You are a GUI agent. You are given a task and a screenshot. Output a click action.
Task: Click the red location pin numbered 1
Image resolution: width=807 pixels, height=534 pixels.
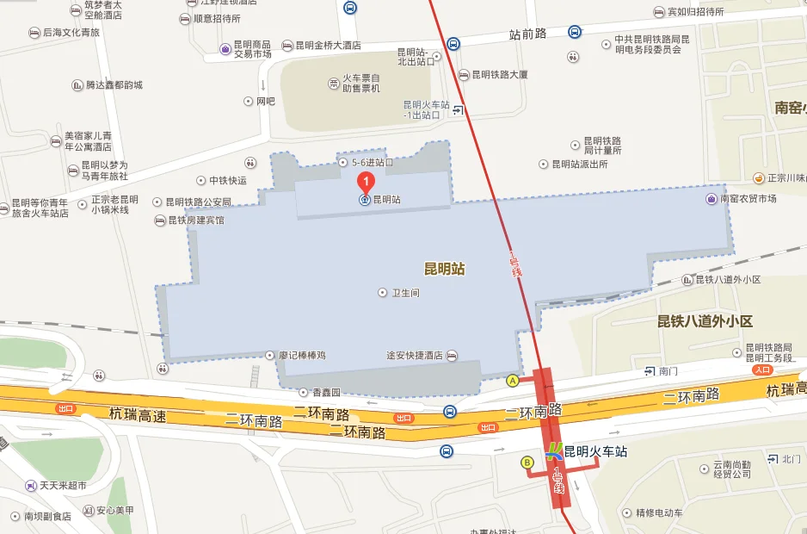366,182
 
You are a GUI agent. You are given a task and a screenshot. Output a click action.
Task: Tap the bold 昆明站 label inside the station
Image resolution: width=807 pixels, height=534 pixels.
444,269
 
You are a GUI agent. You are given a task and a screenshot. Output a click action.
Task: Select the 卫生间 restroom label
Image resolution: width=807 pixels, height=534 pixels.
404,293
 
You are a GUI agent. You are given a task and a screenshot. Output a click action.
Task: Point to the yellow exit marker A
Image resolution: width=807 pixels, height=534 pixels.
514,380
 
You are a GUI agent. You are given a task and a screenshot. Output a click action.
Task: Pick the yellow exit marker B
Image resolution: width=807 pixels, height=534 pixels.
527,463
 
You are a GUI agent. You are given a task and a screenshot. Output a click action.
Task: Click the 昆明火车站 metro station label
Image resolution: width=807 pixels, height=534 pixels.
594,451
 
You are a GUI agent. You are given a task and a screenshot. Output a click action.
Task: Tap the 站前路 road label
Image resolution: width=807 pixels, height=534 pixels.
527,35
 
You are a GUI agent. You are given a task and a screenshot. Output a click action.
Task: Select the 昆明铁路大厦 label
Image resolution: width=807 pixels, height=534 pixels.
499,75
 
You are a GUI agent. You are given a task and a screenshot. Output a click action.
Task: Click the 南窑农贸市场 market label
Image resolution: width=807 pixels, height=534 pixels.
748,199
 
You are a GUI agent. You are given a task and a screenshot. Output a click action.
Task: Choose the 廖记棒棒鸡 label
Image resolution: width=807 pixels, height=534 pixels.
302,355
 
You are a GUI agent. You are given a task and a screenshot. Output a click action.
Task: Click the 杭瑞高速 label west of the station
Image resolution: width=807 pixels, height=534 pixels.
137,415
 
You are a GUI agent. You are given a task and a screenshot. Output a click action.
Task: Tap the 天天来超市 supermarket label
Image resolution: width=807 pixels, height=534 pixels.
63,486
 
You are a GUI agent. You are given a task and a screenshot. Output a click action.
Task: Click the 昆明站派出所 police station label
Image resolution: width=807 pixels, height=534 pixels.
579,164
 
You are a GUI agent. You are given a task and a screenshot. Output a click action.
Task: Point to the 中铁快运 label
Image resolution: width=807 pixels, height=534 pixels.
227,181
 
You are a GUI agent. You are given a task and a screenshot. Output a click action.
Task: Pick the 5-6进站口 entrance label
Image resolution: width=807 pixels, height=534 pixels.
371,162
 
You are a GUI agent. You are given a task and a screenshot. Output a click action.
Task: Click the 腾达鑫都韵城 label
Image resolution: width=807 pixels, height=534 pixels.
114,85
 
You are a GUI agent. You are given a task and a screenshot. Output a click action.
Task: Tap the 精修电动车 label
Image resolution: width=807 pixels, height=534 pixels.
658,513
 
